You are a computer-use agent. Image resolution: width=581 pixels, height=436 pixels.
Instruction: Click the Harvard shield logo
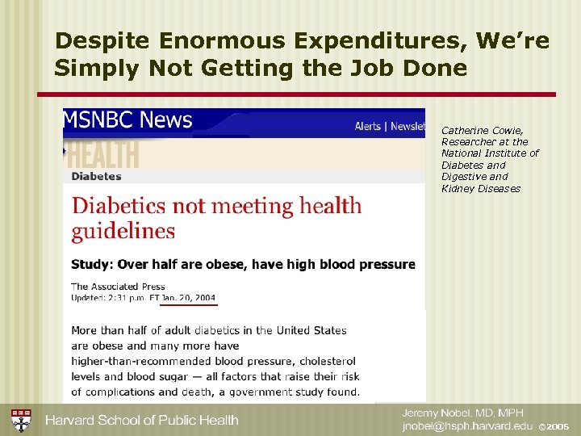[21, 420]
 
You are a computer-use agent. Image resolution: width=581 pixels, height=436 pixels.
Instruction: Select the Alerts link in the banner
[369, 126]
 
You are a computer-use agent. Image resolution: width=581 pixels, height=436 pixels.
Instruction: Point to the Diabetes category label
[96, 176]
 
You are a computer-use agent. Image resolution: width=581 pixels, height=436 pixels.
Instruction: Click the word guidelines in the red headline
[123, 231]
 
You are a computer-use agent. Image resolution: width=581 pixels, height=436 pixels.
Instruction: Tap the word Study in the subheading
[90, 264]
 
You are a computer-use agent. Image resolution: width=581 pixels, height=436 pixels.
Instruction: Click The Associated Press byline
[118, 286]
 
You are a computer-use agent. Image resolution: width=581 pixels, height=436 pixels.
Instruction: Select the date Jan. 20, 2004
[189, 297]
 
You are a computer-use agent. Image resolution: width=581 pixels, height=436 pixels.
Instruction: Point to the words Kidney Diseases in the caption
[481, 189]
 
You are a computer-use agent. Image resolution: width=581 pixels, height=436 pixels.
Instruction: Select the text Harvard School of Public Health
[141, 420]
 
